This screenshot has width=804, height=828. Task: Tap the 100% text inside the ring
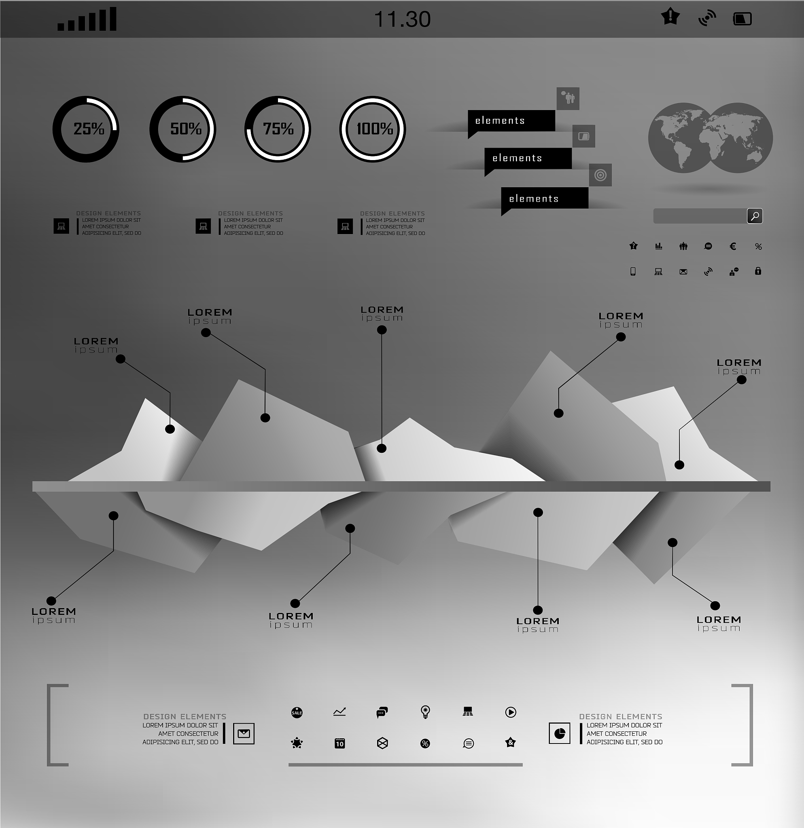tap(375, 129)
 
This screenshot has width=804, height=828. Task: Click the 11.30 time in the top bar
tap(403, 19)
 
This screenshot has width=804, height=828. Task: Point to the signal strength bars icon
tap(87, 19)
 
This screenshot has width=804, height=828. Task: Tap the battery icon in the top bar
tap(742, 19)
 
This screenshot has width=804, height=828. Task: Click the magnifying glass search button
tap(755, 216)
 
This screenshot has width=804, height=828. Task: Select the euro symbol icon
tap(733, 246)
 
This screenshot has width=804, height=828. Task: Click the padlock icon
tap(758, 271)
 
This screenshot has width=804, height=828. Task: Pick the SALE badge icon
tap(297, 713)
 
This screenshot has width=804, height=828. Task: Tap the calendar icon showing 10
tap(340, 744)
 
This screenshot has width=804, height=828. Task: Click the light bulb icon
tap(426, 712)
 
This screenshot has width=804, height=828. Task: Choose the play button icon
tap(511, 713)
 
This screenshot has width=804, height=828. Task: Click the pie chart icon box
tap(560, 733)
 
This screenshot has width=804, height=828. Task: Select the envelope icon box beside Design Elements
tap(244, 734)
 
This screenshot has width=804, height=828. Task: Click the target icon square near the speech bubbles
tap(600, 175)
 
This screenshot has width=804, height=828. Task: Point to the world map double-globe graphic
tap(711, 138)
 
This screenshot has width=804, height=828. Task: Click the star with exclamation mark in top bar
tap(670, 17)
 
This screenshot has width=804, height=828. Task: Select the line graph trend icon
tap(339, 712)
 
